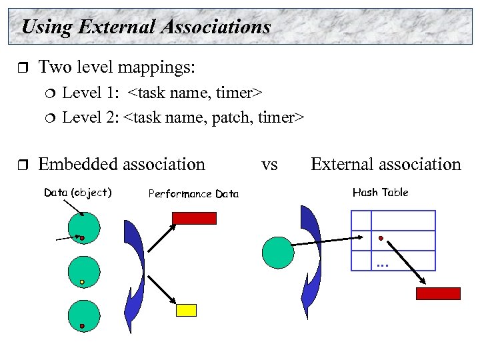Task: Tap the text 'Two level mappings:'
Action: (x=117, y=67)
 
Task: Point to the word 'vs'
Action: (x=269, y=164)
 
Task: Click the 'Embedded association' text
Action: (x=122, y=164)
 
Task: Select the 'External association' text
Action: (x=385, y=164)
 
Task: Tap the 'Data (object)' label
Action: (x=77, y=193)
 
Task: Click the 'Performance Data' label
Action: (x=193, y=194)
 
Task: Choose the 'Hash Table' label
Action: (x=380, y=193)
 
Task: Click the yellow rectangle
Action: (x=186, y=310)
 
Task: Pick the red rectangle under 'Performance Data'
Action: (x=194, y=218)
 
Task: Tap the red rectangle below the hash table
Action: (x=438, y=293)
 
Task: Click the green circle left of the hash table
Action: (x=278, y=252)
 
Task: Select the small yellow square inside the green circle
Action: (x=82, y=283)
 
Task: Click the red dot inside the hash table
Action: (x=381, y=238)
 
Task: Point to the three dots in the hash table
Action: (x=382, y=266)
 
